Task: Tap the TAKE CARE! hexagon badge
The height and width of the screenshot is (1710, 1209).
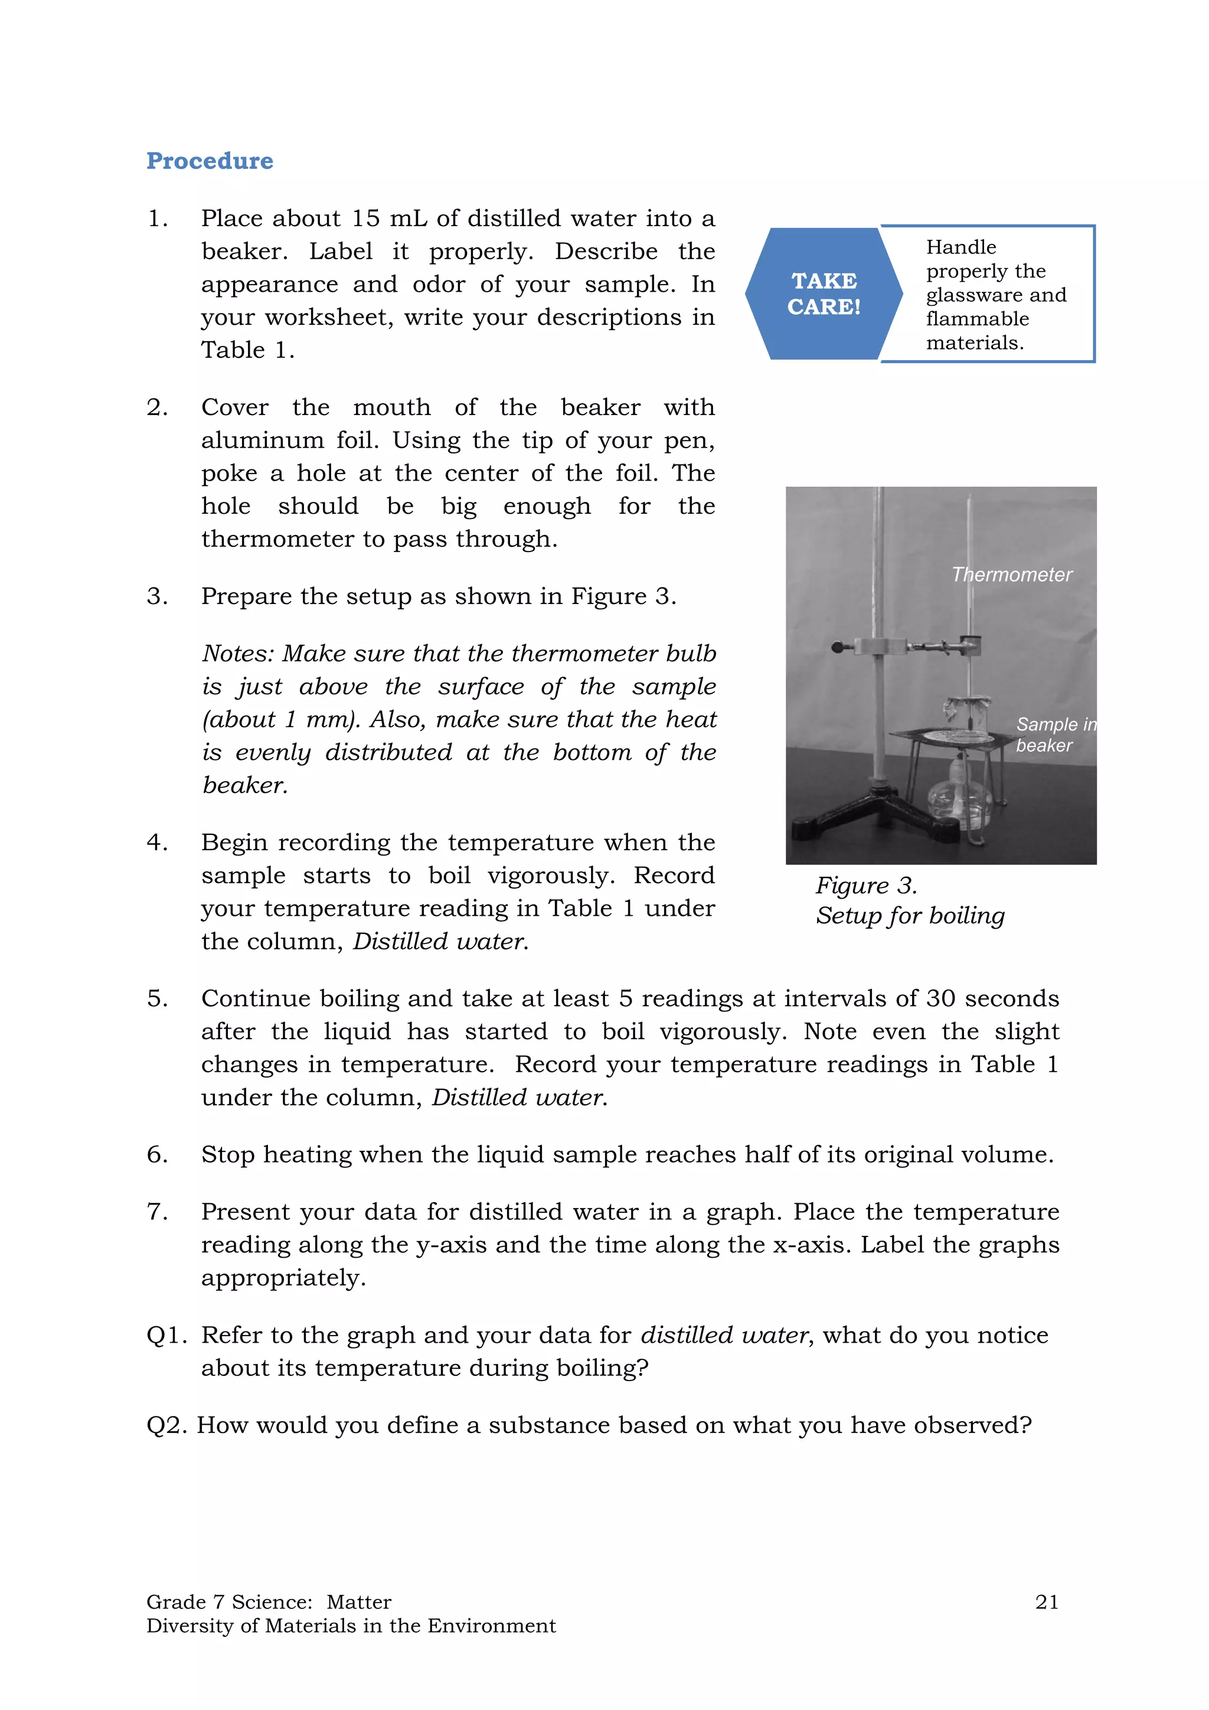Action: click(x=824, y=293)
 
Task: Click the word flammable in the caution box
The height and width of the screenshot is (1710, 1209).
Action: click(x=977, y=319)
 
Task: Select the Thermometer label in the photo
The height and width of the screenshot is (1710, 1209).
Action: click(x=1011, y=574)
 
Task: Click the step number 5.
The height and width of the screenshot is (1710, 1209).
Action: click(x=156, y=998)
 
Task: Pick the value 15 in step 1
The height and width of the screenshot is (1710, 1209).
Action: click(x=365, y=218)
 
